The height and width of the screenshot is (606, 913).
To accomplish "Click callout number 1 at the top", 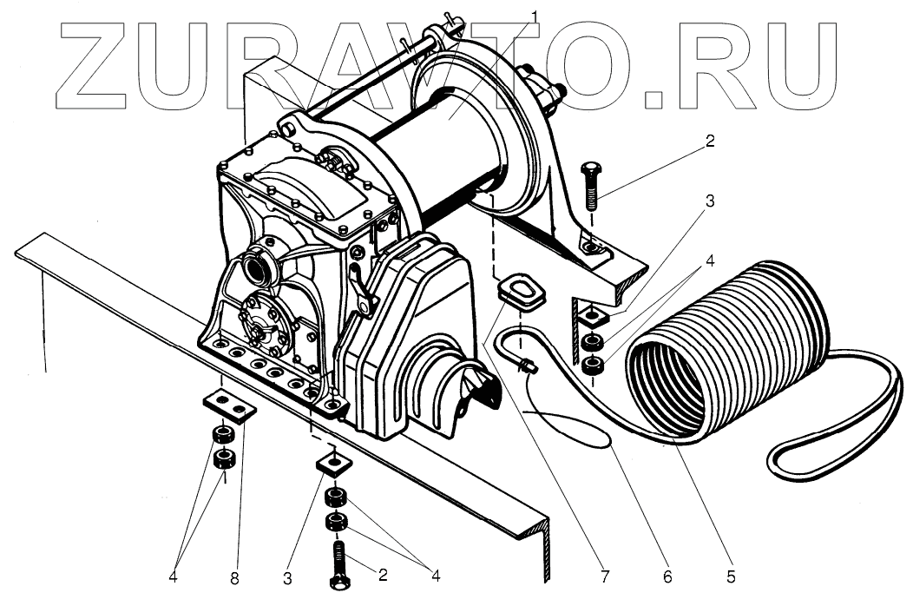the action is click(535, 15).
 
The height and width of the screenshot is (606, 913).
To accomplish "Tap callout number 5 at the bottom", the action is click(732, 576).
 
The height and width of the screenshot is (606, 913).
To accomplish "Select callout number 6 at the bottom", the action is click(667, 576).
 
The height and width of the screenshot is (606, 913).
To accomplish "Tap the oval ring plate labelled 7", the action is click(522, 289).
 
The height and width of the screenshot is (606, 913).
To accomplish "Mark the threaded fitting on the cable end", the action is click(526, 368).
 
